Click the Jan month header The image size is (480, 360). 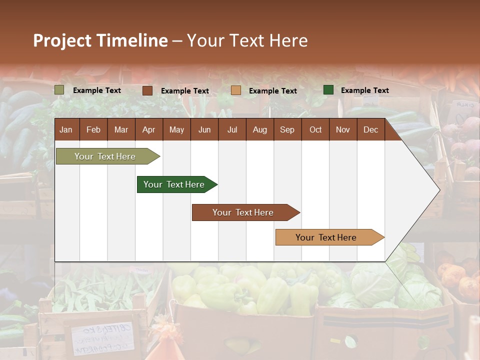pos(66,129)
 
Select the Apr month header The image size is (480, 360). pos(149,129)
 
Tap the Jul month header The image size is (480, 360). pos(232,129)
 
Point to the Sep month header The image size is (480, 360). pos(287,129)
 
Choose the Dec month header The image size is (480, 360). pos(370,129)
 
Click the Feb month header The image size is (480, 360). pos(93,129)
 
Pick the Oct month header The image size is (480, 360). pos(315,129)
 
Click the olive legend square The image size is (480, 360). pos(59,90)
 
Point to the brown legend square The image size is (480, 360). pos(147,90)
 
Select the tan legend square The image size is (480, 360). pos(236,90)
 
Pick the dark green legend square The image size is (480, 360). pos(328,90)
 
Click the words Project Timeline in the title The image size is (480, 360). pos(100,40)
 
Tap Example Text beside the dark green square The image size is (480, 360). pos(364,90)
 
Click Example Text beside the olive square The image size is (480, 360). pos(97,90)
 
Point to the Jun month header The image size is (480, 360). pos(204,129)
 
